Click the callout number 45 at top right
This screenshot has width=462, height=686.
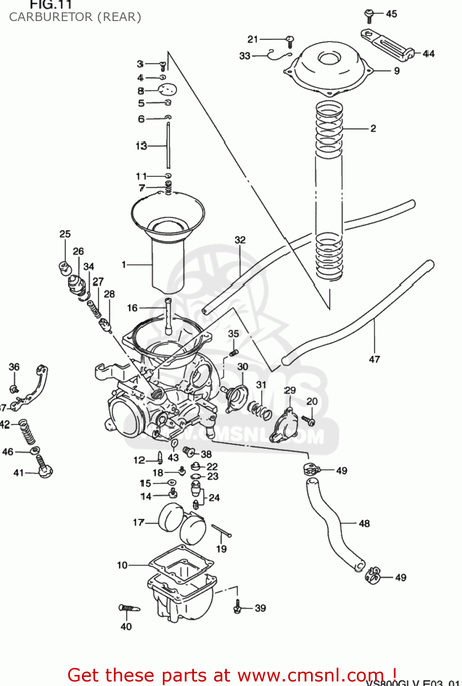392,14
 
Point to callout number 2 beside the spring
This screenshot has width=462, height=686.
373,129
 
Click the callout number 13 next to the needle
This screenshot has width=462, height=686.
141,146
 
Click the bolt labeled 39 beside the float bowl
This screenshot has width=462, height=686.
237,607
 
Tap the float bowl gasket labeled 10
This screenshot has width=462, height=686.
181,563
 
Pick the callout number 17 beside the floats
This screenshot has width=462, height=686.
139,522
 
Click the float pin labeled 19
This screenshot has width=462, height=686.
221,531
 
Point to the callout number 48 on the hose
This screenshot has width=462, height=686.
364,523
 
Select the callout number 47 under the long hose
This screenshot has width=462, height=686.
374,359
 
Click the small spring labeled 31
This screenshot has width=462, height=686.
260,409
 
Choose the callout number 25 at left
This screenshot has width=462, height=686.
65,234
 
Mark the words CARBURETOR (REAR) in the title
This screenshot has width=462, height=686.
75,17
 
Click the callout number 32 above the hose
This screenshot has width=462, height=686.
240,240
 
